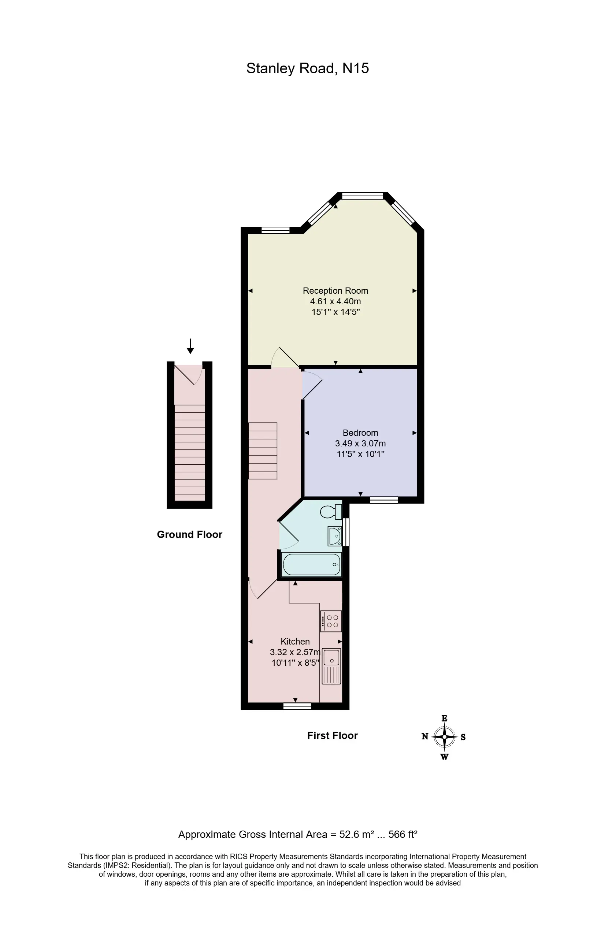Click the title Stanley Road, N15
[307, 68]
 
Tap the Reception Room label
[335, 291]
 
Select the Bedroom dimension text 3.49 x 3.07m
[360, 443]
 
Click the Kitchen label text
[295, 641]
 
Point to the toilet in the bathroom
[331, 512]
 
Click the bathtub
[312, 565]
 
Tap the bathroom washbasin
[334, 536]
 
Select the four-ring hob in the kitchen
[331, 621]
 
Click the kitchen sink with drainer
[331, 666]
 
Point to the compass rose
[444, 737]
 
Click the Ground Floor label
[190, 534]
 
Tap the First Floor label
[332, 735]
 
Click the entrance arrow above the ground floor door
[190, 346]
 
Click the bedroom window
[384, 500]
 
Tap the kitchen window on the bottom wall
[297, 706]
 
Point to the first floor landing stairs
[263, 451]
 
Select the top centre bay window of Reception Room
[363, 196]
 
